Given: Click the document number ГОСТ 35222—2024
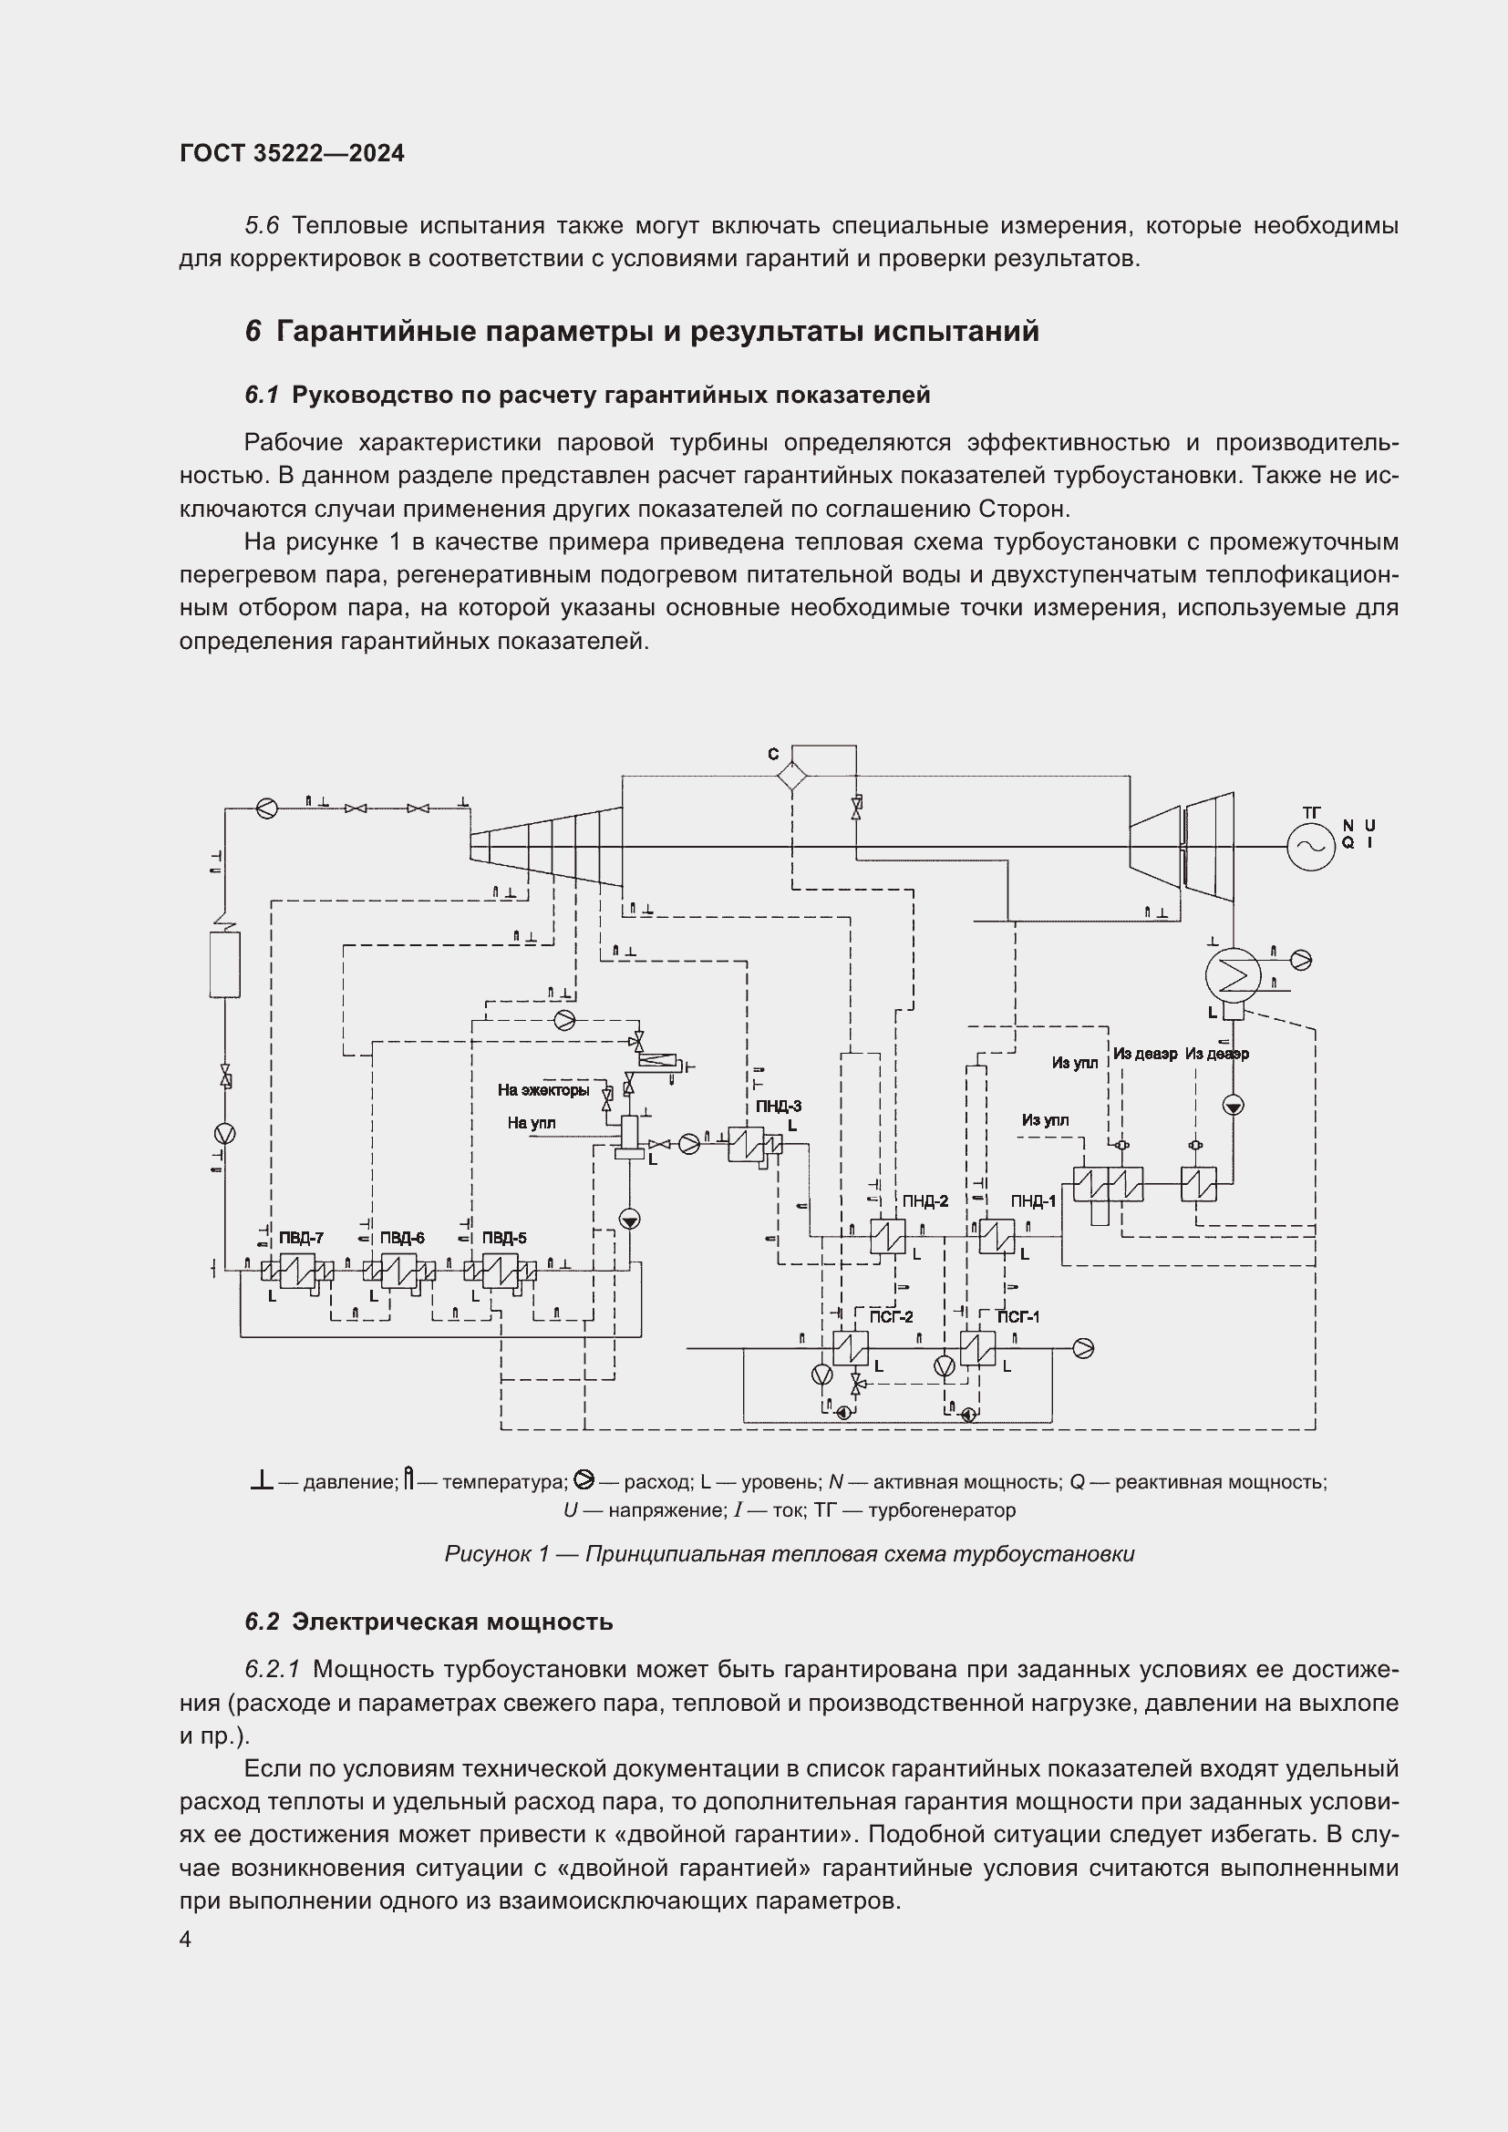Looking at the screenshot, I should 292,153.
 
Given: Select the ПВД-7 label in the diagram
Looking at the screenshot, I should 301,1238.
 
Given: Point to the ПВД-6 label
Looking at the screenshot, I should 402,1238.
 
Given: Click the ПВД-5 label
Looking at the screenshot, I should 503,1238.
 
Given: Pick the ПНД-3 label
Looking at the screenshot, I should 778,1106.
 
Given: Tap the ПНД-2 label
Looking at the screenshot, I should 924,1200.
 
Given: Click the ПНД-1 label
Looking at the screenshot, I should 1034,1200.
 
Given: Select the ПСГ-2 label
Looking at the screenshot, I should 891,1317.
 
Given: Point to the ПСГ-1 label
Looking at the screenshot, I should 1017,1317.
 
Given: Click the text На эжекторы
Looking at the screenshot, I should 543,1090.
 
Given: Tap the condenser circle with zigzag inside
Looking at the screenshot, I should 1233,974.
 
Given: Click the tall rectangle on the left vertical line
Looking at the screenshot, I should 224,964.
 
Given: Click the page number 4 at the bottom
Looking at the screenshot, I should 186,1940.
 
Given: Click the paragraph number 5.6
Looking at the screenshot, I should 262,226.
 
